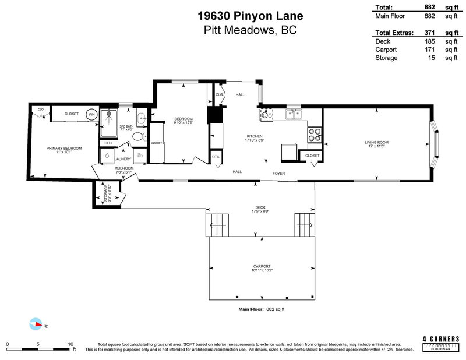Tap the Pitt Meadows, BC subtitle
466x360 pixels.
click(233, 30)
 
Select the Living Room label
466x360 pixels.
click(377, 143)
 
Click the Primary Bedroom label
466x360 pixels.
click(64, 149)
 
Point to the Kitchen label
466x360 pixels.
click(254, 137)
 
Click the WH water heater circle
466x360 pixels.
click(91, 115)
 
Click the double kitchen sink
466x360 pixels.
click(294, 115)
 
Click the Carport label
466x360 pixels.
click(261, 267)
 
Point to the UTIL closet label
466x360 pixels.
click(216, 157)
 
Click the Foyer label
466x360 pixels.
click(278, 173)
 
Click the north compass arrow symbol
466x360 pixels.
click(36, 324)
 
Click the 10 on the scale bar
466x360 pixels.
click(70, 344)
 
